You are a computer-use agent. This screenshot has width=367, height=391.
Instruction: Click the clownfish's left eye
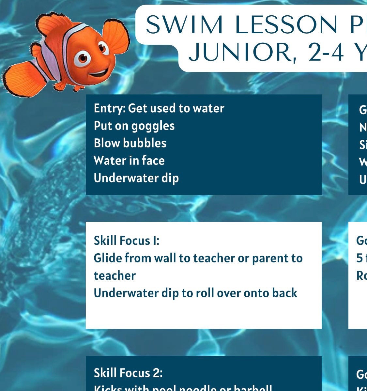click(x=82, y=59)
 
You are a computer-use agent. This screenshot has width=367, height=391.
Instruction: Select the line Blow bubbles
click(x=130, y=143)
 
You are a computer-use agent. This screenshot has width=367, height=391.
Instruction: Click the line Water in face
click(x=129, y=161)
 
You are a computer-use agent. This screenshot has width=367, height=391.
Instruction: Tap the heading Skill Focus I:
click(x=127, y=241)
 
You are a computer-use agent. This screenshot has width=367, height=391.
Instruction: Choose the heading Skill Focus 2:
click(x=128, y=373)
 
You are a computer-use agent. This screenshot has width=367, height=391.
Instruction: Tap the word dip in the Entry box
click(x=170, y=178)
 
